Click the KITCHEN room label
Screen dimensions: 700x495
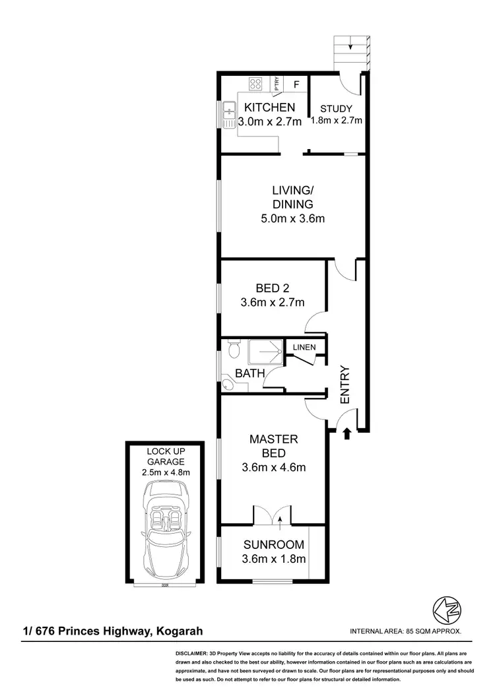[269, 108]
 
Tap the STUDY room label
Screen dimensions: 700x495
[337, 109]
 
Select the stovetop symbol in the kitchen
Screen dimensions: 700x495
[255, 84]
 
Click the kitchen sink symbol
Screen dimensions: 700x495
[229, 115]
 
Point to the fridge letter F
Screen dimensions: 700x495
[296, 84]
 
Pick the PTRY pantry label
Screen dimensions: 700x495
[277, 84]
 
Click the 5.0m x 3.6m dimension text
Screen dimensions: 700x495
[292, 218]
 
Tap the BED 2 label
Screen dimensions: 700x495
[272, 288]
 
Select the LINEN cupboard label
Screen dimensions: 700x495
[304, 347]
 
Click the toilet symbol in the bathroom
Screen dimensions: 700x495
[232, 347]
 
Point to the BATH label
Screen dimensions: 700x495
[251, 373]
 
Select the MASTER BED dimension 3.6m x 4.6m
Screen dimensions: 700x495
[273, 468]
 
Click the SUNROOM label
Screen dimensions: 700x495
[274, 545]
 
